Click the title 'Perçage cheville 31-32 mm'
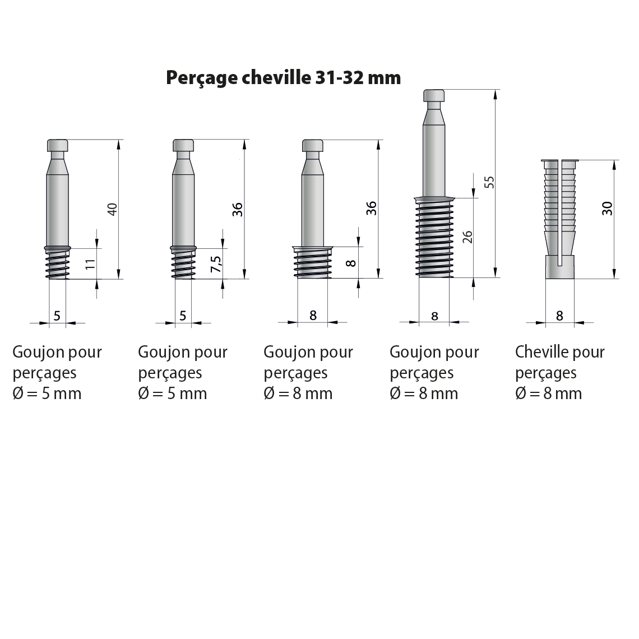(x=283, y=78)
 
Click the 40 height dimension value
(x=112, y=210)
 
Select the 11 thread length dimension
(x=90, y=263)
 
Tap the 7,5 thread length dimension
(x=216, y=264)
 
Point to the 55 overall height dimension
(x=490, y=182)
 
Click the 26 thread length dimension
(x=468, y=237)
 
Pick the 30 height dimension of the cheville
(x=607, y=209)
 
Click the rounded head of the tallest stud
(x=434, y=96)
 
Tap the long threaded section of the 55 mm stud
(x=434, y=237)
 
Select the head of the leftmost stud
(x=58, y=146)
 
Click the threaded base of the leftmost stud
(x=58, y=263)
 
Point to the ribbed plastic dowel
(x=560, y=219)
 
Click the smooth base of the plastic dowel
(x=560, y=267)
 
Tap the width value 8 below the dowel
(x=559, y=316)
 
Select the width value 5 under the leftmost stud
(x=57, y=316)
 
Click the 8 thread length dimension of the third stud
(x=351, y=263)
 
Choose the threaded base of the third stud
(x=313, y=262)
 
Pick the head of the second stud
(x=183, y=146)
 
